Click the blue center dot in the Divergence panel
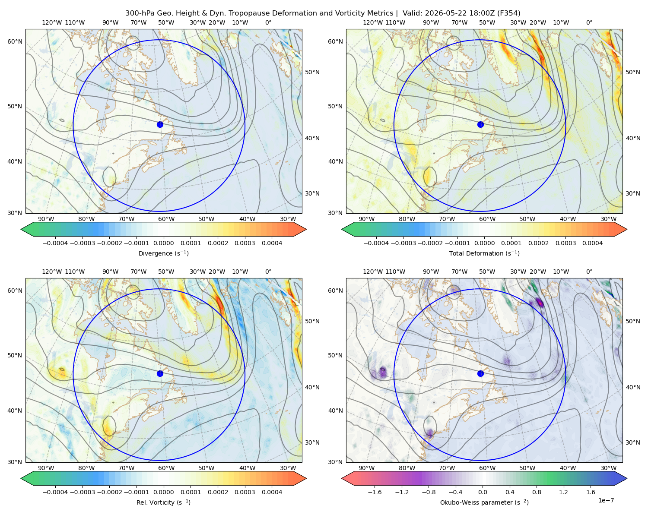160,124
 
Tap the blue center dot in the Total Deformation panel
480,124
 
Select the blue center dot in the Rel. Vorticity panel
160,373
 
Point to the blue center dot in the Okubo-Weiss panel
480,373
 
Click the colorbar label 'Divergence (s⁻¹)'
163,253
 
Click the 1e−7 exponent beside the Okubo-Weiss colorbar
606,500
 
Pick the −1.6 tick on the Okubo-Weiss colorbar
375,492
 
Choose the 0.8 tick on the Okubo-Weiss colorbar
537,492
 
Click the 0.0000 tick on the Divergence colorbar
163,243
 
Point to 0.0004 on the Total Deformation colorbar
593,243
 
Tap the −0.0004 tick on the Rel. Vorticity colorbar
55,492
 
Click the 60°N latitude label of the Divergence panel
15,41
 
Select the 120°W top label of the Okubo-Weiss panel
372,272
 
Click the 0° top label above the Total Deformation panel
589,22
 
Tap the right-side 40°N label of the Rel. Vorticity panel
312,387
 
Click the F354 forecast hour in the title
508,13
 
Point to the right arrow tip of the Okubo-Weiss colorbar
627,478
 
